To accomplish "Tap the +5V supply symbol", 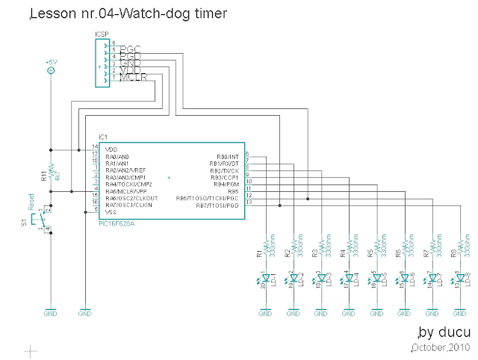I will coord(51,70).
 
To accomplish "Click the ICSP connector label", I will coord(102,35).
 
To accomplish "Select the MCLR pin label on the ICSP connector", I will coord(133,78).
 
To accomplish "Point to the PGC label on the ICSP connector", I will coord(131,49).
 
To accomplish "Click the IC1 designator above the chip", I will coord(103,137).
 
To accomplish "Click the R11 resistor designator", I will coord(43,177).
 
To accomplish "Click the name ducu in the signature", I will coord(450,332).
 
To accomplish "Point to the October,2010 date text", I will coord(441,347).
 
